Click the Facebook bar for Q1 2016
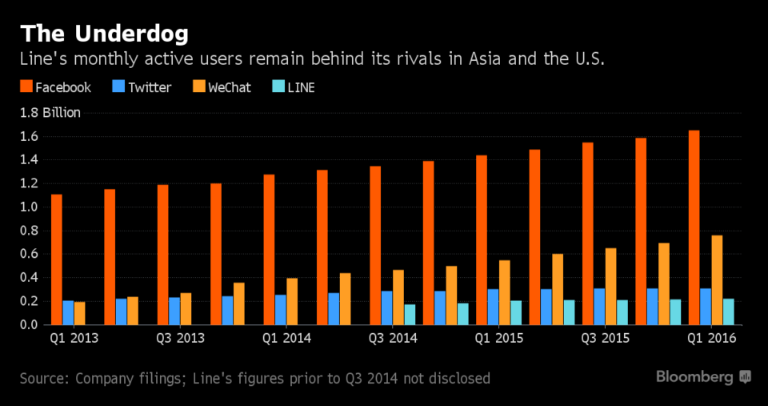coord(694,227)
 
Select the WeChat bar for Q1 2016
coord(717,280)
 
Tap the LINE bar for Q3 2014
coord(410,314)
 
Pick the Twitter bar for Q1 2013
coord(68,313)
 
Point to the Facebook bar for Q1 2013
coord(57,259)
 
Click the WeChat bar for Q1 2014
coord(292,302)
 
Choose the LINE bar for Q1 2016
coord(729,312)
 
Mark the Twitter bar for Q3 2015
coord(599,307)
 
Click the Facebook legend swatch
coord(26,87)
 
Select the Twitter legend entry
coord(143,87)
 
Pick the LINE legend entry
coord(293,87)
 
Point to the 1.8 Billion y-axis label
coord(50,113)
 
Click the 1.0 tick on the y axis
coord(29,207)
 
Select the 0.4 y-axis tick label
coord(29,278)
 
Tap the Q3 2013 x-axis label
coord(180,338)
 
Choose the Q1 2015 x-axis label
coord(499,338)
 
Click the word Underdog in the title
coord(131,35)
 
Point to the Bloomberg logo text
coord(694,377)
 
